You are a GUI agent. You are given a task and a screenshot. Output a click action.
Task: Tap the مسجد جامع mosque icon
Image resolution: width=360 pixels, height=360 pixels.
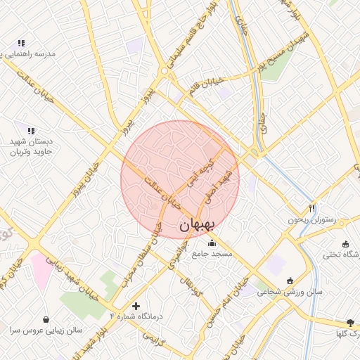tap(212, 243)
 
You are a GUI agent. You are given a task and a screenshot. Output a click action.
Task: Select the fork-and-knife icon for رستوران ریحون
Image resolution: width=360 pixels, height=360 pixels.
tap(312, 208)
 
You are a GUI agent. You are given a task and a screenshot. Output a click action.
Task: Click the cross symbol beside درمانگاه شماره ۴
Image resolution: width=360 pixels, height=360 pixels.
tap(136, 306)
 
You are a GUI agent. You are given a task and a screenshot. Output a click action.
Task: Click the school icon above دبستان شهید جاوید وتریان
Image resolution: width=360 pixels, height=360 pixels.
tap(30, 130)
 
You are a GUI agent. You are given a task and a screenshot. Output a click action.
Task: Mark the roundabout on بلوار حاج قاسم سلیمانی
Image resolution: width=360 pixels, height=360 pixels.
tap(165, 71)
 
